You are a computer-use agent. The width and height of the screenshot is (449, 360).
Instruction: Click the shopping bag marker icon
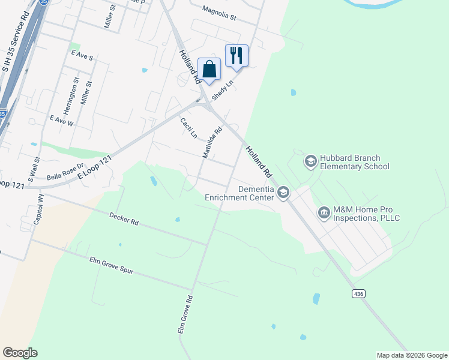click(209, 70)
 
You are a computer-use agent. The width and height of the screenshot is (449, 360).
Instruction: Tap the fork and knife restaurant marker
click(237, 56)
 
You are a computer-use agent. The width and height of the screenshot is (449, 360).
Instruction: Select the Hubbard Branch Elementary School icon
click(310, 160)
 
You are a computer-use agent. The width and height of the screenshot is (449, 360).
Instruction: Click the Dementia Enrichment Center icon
click(283, 192)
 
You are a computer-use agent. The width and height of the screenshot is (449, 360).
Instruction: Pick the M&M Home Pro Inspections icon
click(324, 212)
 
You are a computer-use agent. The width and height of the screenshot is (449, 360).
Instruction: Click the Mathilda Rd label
click(212, 142)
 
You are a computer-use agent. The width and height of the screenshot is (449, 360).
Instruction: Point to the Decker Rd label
click(124, 218)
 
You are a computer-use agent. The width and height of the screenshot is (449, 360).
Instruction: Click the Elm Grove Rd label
click(184, 314)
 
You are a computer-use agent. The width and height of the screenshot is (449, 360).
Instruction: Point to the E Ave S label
click(82, 56)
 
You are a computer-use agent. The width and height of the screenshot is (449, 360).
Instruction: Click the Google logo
click(20, 353)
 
